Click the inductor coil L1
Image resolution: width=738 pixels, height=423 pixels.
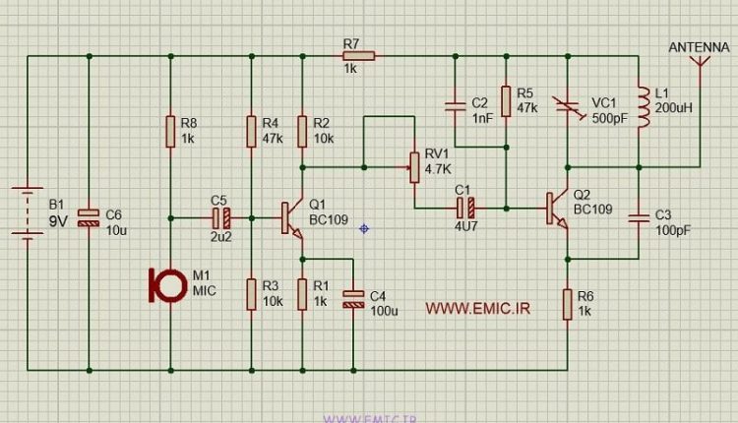[x=641, y=109]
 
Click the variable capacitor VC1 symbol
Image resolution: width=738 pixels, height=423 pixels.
[x=568, y=108]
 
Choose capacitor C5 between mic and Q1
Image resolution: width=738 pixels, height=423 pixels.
[x=221, y=217]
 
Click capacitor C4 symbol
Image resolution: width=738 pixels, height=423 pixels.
[x=352, y=297]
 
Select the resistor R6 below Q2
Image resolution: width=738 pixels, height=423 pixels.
[x=567, y=303]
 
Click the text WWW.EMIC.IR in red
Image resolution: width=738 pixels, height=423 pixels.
[x=477, y=308]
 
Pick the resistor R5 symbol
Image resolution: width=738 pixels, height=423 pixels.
[x=504, y=101]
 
